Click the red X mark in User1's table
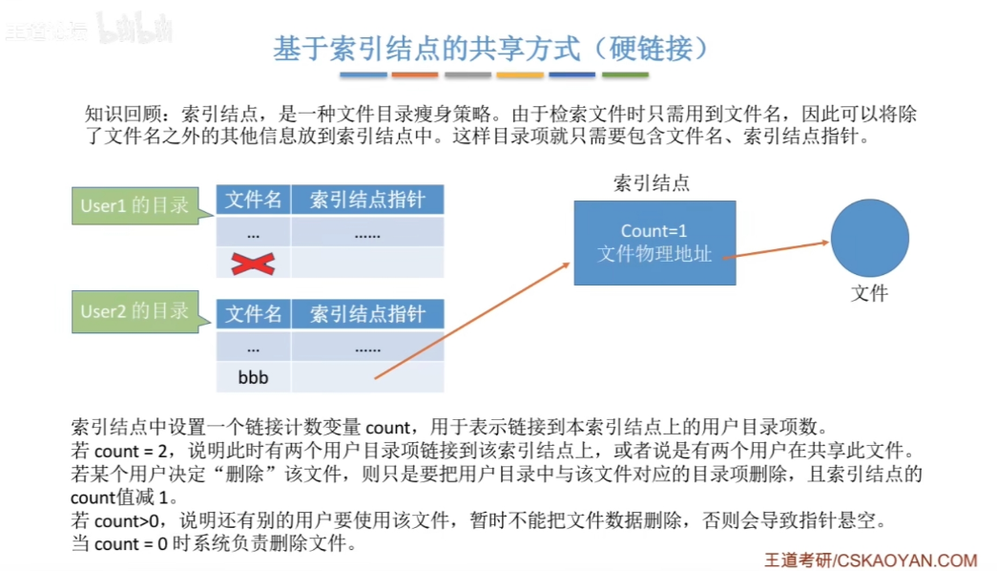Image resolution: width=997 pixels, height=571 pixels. tap(253, 263)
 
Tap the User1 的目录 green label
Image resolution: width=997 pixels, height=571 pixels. tap(135, 204)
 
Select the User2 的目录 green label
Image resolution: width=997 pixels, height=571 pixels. tap(135, 311)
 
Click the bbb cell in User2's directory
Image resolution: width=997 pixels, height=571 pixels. tap(253, 377)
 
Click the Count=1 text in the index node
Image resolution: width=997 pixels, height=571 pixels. tap(654, 231)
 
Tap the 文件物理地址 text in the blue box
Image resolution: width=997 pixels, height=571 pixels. tap(654, 254)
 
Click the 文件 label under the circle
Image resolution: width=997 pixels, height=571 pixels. tap(869, 294)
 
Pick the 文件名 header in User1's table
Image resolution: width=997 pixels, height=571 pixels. tap(253, 200)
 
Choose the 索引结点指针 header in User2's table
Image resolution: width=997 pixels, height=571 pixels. tap(367, 314)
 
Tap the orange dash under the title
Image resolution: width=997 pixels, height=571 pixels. tap(414, 74)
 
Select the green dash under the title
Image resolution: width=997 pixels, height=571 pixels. tap(625, 74)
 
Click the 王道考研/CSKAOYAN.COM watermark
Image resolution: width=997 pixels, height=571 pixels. tap(870, 560)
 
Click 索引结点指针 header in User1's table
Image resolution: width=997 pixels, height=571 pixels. tap(367, 200)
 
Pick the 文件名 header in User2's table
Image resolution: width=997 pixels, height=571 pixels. tap(253, 314)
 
